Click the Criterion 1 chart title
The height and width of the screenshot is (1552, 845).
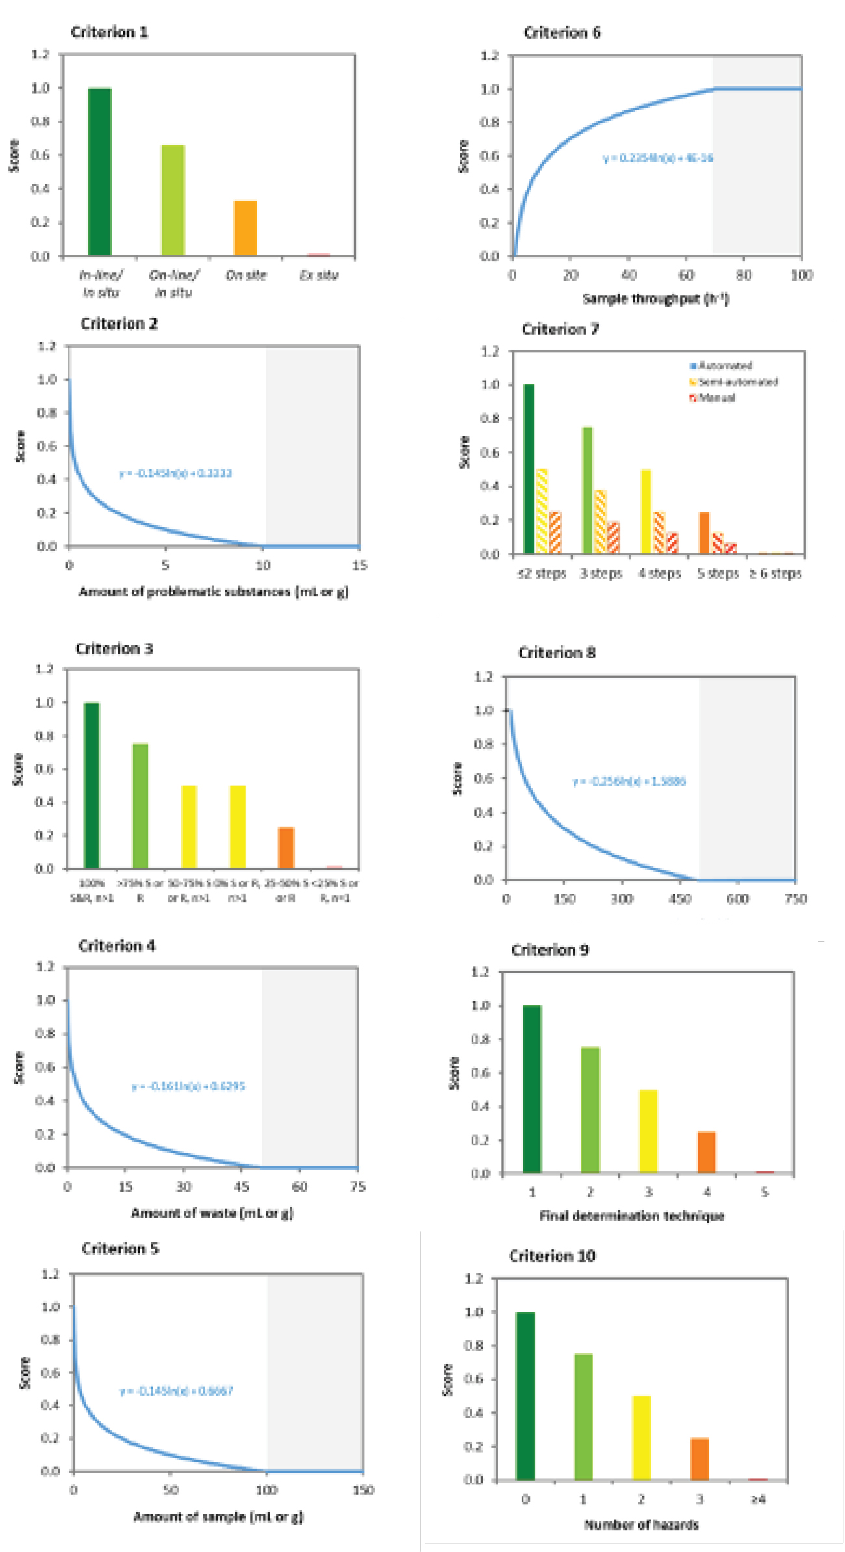(109, 32)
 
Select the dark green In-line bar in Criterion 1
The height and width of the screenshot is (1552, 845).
(99, 171)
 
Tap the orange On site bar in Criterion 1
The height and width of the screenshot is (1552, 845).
(246, 228)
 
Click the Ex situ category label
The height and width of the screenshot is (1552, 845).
(319, 275)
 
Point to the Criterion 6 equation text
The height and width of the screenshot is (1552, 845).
(657, 158)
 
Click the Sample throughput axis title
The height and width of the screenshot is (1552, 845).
(655, 299)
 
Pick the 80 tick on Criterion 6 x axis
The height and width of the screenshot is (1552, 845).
(744, 275)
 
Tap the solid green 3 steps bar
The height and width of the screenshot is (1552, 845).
(588, 490)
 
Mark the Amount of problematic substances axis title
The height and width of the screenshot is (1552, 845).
(214, 592)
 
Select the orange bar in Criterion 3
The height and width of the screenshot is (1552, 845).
(286, 847)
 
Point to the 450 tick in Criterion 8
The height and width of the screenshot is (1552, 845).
(680, 899)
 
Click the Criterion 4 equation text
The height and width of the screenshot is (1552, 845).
(188, 1086)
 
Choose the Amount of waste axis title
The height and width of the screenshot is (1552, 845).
(212, 1212)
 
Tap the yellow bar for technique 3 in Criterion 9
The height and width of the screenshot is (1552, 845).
(648, 1131)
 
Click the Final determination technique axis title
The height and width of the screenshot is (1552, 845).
(632, 1216)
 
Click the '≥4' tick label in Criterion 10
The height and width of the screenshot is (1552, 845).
(758, 1499)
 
